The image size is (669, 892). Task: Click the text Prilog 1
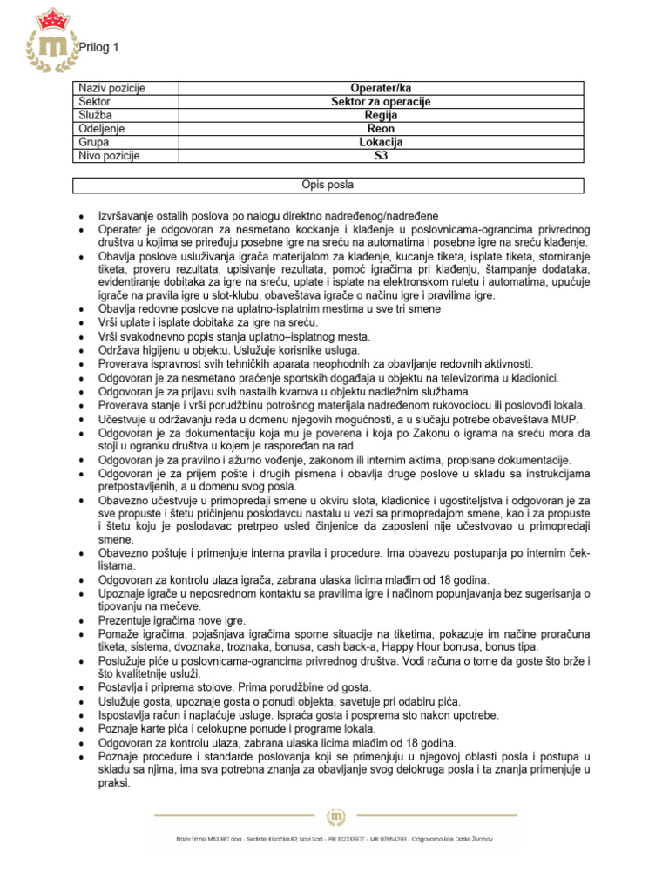tap(98, 48)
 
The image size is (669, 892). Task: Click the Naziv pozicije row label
tap(112, 88)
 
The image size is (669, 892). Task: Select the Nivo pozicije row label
tap(110, 156)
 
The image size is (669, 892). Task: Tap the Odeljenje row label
tap(102, 129)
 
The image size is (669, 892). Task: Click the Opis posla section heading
tap(328, 185)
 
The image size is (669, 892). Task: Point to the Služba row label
tap(96, 115)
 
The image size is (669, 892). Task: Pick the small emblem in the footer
tap(335, 816)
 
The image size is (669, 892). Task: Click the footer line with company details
tap(335, 838)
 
